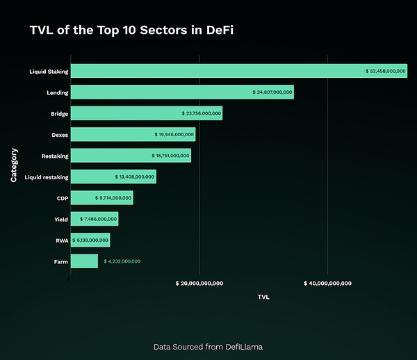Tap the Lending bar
point(160,92)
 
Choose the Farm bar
point(84,261)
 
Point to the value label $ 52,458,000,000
point(385,71)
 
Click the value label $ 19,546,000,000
point(174,135)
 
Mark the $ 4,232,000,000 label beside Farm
point(122,261)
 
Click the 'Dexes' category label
point(59,135)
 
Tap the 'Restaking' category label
point(56,156)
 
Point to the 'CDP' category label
point(62,198)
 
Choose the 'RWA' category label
point(61,240)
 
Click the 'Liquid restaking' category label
point(47,177)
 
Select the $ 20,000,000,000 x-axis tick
point(199,283)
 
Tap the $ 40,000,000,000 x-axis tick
point(327,283)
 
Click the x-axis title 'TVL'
point(263,297)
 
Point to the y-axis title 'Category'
point(14,165)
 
